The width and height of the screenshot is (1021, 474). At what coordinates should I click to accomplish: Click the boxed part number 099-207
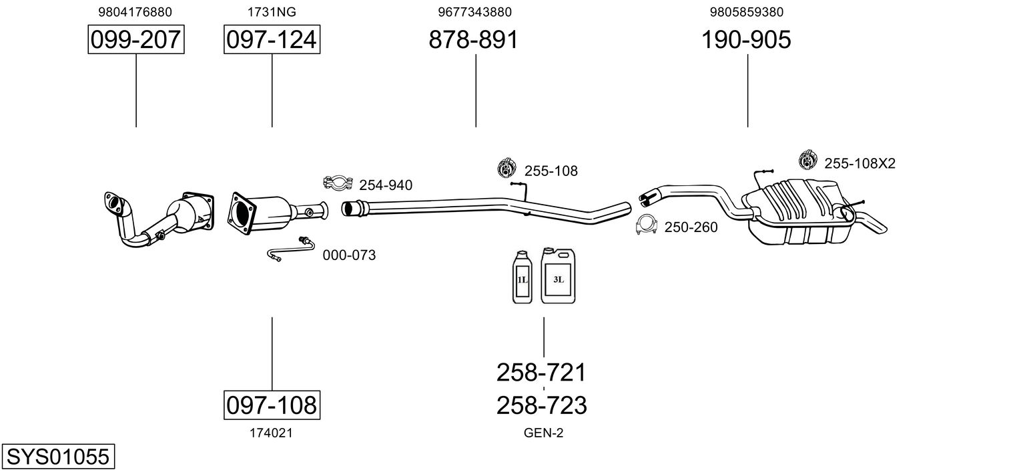pos(136,39)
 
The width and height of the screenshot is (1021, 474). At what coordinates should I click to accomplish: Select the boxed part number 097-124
pos(272,39)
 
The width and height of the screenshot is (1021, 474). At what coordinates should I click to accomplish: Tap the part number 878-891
pos(474,39)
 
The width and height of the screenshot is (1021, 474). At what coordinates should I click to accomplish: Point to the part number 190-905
pos(746,39)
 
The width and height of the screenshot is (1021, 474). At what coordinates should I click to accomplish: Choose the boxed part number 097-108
pos(272,405)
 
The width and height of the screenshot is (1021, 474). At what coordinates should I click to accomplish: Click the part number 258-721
pos(541,373)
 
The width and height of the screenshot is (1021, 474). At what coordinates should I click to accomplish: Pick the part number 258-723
pos(541,405)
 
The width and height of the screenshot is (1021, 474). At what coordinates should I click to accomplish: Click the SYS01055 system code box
pos(58,456)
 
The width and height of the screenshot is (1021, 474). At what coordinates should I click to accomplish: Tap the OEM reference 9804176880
pos(135,12)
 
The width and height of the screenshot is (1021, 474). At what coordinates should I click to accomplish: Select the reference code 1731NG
pos(272,12)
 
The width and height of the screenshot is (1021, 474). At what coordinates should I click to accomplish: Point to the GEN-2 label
pos(543,433)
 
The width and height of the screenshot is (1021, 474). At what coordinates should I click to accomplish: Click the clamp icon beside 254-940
pos(338,183)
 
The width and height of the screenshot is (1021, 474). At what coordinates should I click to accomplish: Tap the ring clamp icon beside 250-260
pos(647,225)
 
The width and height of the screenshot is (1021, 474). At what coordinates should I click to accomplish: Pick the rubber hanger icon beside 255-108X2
pos(807,159)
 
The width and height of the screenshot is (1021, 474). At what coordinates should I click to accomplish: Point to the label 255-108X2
pos(860,163)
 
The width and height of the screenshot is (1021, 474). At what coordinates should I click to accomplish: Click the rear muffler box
pos(797,212)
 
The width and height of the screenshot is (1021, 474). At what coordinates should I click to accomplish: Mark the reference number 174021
pos(271,433)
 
